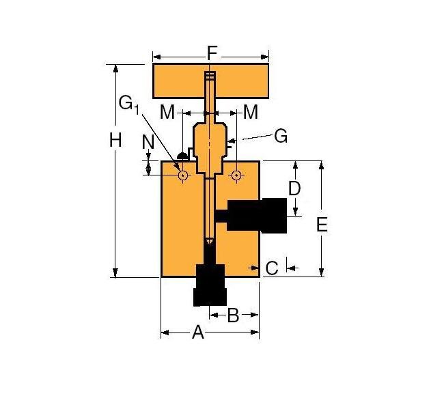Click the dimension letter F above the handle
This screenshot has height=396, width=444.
click(212, 52)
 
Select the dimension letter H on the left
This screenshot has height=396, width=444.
click(115, 141)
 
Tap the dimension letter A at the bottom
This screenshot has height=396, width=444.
click(198, 333)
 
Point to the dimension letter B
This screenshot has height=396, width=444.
click(233, 315)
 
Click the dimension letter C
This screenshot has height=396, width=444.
click(271, 268)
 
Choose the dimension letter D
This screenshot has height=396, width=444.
click(294, 188)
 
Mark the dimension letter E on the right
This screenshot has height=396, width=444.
click(322, 224)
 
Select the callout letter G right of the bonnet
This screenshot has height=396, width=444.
click(280, 136)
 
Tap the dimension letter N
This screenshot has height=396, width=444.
click(148, 142)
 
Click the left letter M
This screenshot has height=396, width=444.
click(168, 111)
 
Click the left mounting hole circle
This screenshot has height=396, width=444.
click(182, 175)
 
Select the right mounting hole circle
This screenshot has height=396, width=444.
click(236, 175)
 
